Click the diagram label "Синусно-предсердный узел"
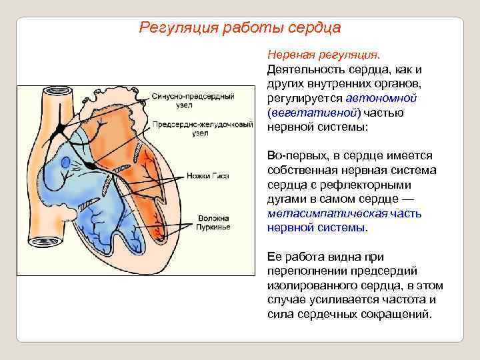click(x=193, y=101)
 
